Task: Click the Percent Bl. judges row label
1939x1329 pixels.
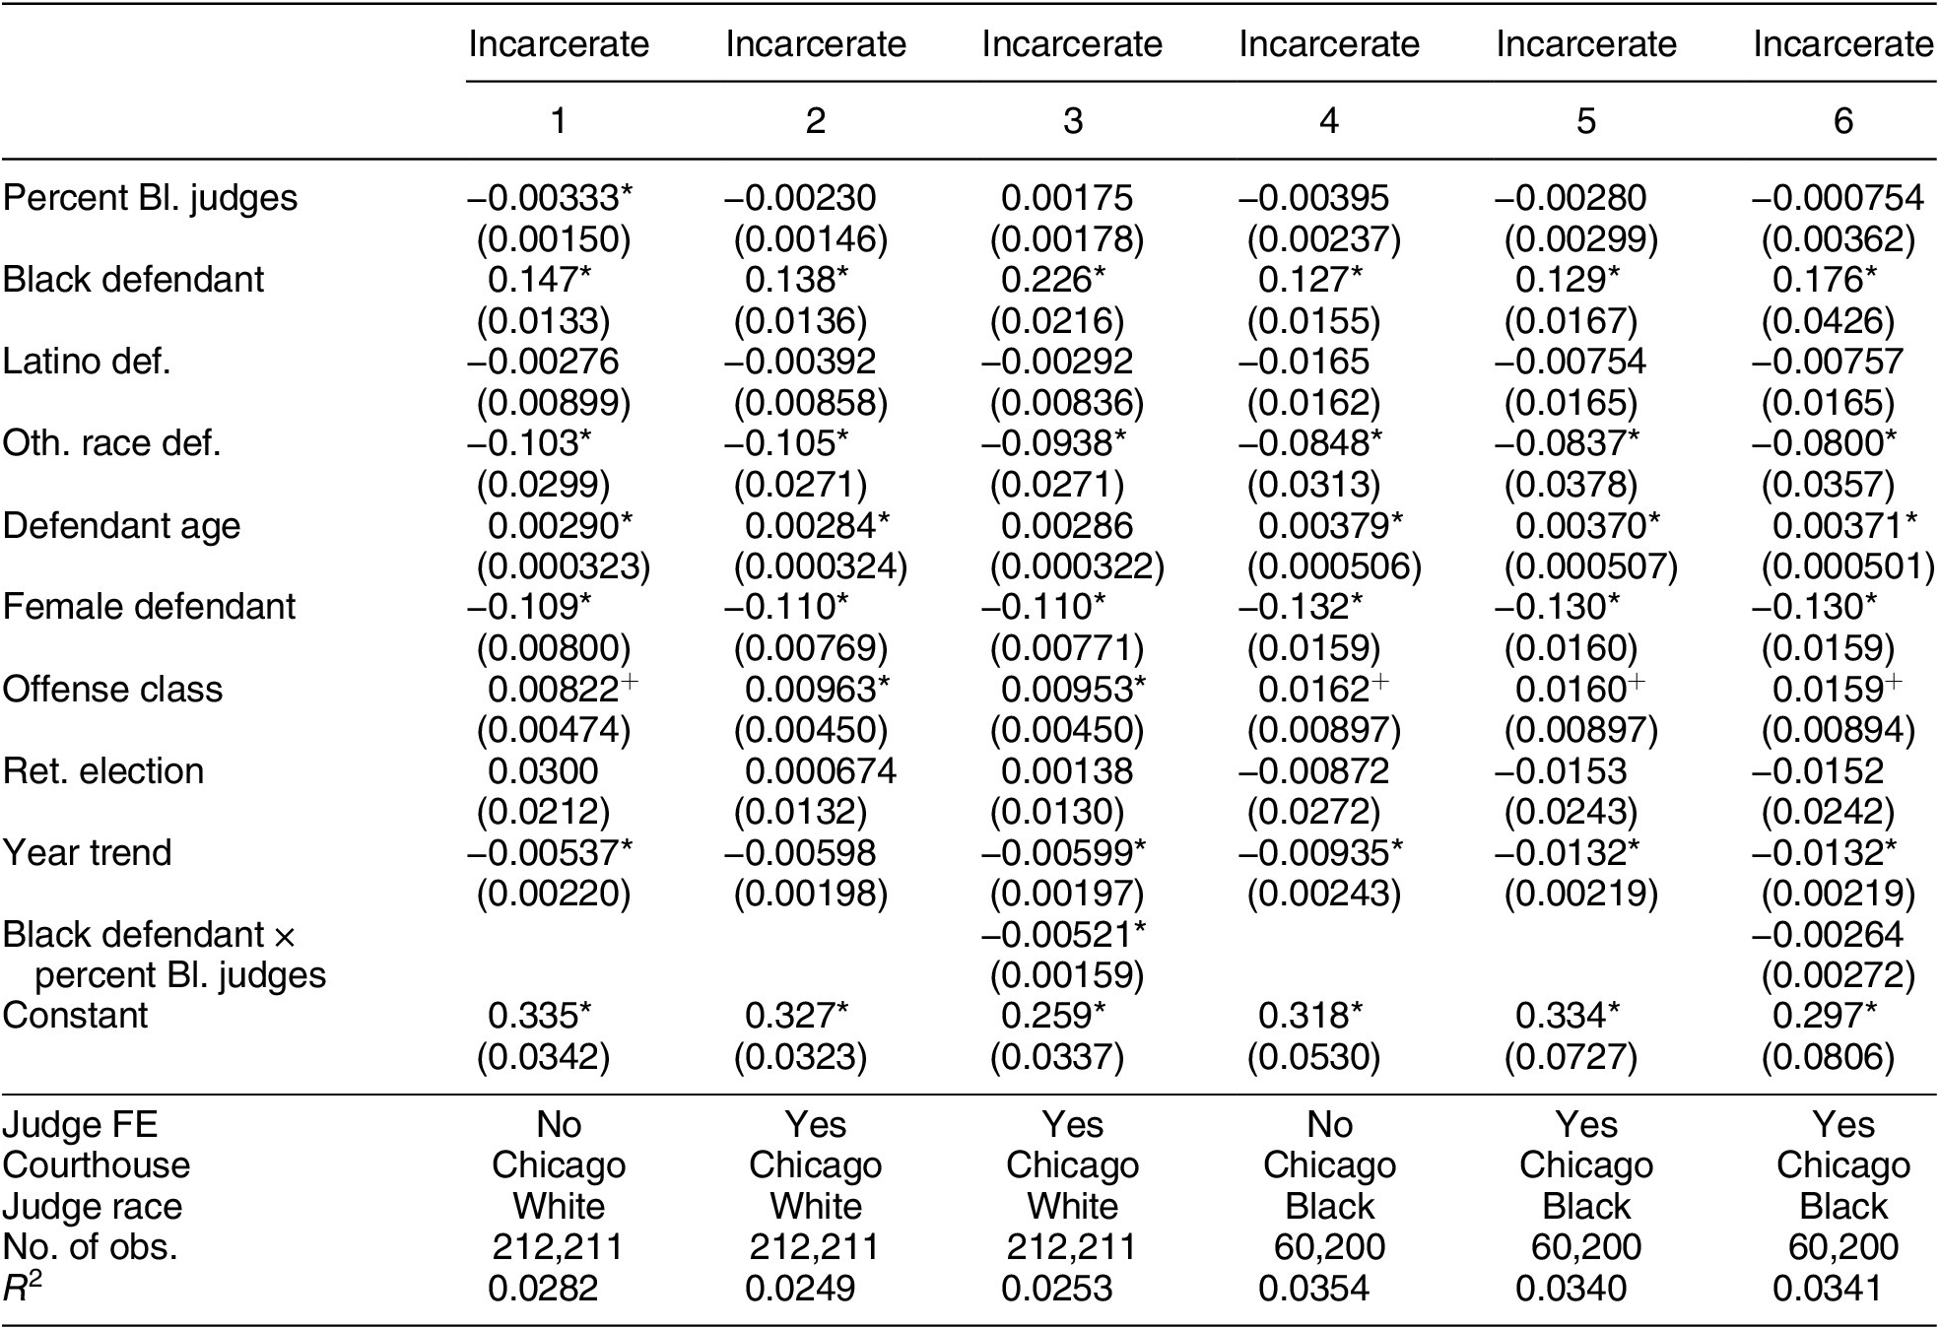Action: (x=150, y=198)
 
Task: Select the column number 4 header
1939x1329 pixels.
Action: (x=1328, y=121)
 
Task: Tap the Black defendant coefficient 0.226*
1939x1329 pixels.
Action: (x=1053, y=280)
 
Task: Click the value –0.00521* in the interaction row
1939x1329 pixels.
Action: (x=1063, y=933)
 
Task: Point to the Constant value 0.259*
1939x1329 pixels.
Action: (x=1053, y=1015)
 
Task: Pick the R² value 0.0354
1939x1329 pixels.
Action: (x=1313, y=1288)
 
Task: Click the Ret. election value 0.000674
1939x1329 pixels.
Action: (x=820, y=770)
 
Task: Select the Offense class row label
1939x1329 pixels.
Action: (x=112, y=689)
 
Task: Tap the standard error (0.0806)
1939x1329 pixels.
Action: (x=1828, y=1057)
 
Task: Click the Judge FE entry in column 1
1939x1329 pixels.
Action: (x=559, y=1124)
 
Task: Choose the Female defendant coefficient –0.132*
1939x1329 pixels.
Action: (x=1310, y=606)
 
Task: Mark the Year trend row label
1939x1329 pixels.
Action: (x=87, y=852)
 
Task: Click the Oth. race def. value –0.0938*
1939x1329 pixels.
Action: (x=1063, y=443)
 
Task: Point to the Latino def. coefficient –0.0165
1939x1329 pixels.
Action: (x=1304, y=362)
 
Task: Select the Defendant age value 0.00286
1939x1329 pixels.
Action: (x=1067, y=525)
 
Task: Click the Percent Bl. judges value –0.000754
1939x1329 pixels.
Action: (x=1837, y=198)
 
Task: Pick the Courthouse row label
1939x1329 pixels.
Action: (x=96, y=1164)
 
